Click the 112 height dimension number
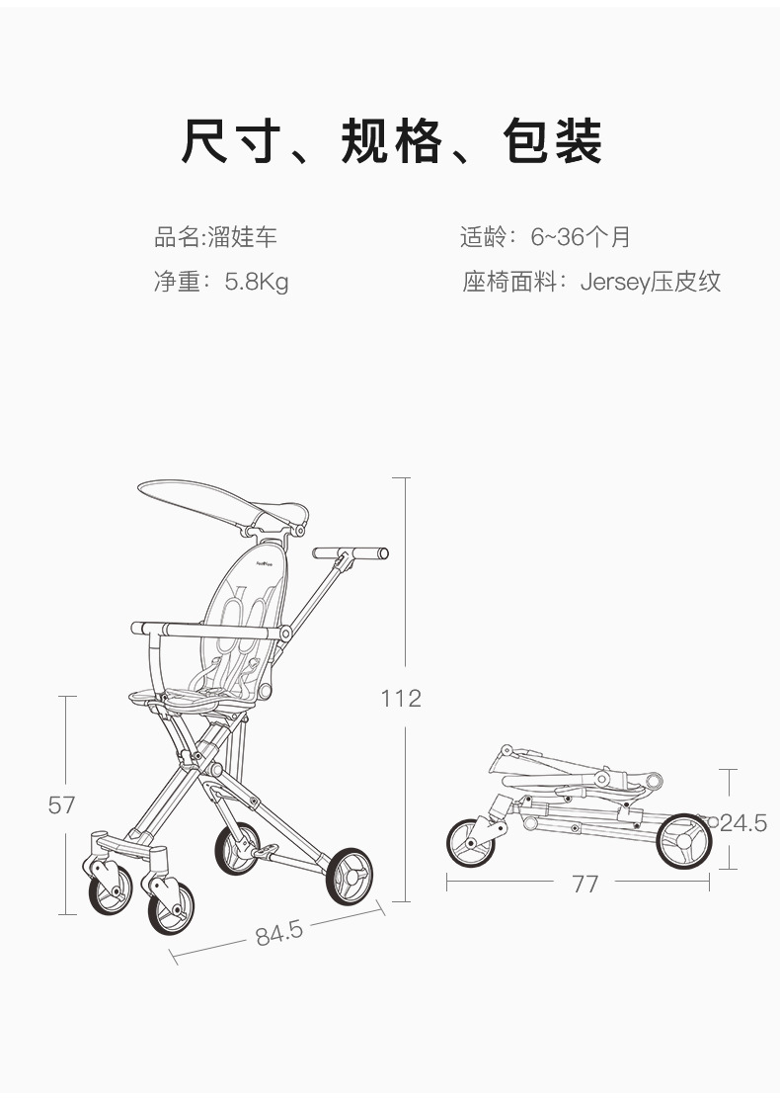401,698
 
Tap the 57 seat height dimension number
61,804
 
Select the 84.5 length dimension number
278,933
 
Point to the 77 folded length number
585,885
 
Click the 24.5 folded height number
743,823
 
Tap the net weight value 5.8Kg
257,282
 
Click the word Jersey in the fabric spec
615,282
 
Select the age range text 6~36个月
581,237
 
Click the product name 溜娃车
242,237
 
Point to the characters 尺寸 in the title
231,141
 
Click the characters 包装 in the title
553,141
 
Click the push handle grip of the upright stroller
351,553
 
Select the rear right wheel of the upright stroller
350,876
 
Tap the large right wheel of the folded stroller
684,841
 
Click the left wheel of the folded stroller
471,842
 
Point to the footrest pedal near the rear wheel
264,852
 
